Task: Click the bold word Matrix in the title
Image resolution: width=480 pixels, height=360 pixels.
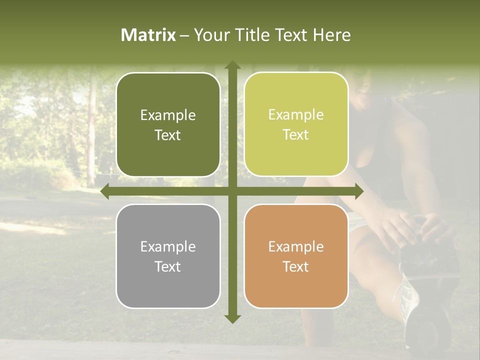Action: (x=148, y=34)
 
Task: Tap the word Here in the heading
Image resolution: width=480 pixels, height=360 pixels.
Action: (x=331, y=34)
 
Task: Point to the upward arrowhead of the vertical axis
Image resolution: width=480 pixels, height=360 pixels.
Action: (x=232, y=65)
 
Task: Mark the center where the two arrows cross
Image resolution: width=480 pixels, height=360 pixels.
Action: (x=232, y=191)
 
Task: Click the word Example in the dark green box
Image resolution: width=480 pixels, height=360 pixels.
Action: (x=168, y=115)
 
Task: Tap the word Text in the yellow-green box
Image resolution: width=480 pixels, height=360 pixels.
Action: (x=296, y=135)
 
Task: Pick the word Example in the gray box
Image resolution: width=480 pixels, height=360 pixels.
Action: (x=168, y=246)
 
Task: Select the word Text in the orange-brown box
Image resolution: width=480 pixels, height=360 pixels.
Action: (x=296, y=266)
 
